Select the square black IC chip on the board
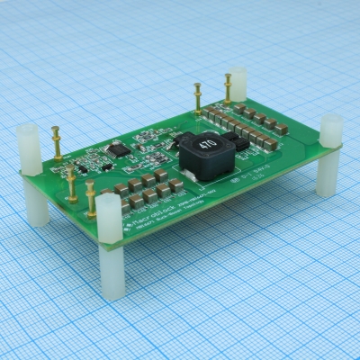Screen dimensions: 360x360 (115, 148)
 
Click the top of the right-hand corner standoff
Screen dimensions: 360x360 (331, 127)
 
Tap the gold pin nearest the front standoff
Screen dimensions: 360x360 (91, 199)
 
